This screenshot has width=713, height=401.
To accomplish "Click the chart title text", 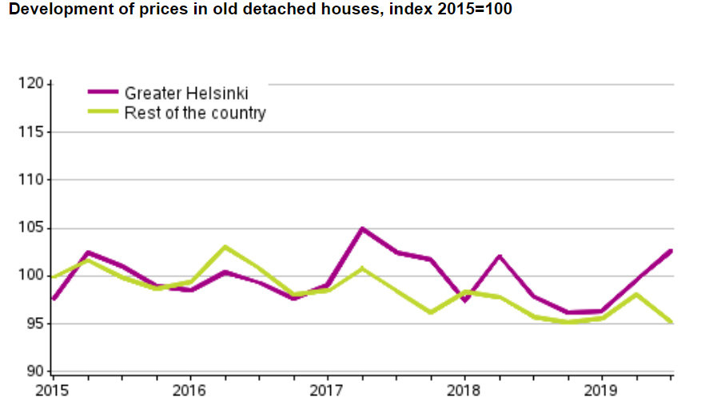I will tap(256, 11).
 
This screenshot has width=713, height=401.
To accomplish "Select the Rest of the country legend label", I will tap(195, 113).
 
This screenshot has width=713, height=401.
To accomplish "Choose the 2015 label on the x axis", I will tap(53, 390).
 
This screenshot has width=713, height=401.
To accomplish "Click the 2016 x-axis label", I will tap(190, 390).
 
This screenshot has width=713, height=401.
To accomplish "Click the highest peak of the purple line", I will tap(362, 229).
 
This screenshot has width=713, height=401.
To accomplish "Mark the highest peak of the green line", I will tap(225, 247).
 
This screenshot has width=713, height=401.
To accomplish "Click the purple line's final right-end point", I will tap(671, 251).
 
